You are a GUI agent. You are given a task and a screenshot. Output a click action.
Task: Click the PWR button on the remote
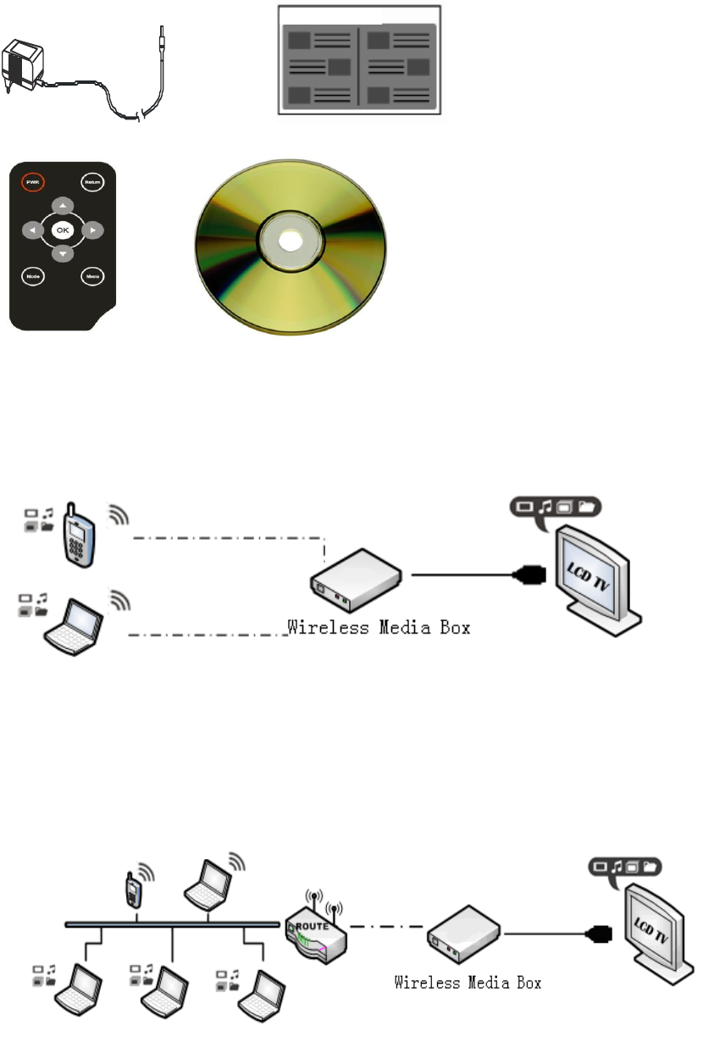pyautogui.click(x=32, y=180)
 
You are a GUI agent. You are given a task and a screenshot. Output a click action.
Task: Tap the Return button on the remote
pyautogui.click(x=91, y=180)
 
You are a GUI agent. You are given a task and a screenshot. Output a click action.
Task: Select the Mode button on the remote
pyautogui.click(x=32, y=276)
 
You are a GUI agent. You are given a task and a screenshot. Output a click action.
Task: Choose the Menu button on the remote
pyautogui.click(x=91, y=276)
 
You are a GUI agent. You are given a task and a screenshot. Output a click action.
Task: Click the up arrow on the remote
pyautogui.click(x=63, y=204)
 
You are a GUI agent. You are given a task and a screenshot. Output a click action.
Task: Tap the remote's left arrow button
pyautogui.click(x=31, y=230)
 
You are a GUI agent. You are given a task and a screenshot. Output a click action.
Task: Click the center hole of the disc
pyautogui.click(x=289, y=240)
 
